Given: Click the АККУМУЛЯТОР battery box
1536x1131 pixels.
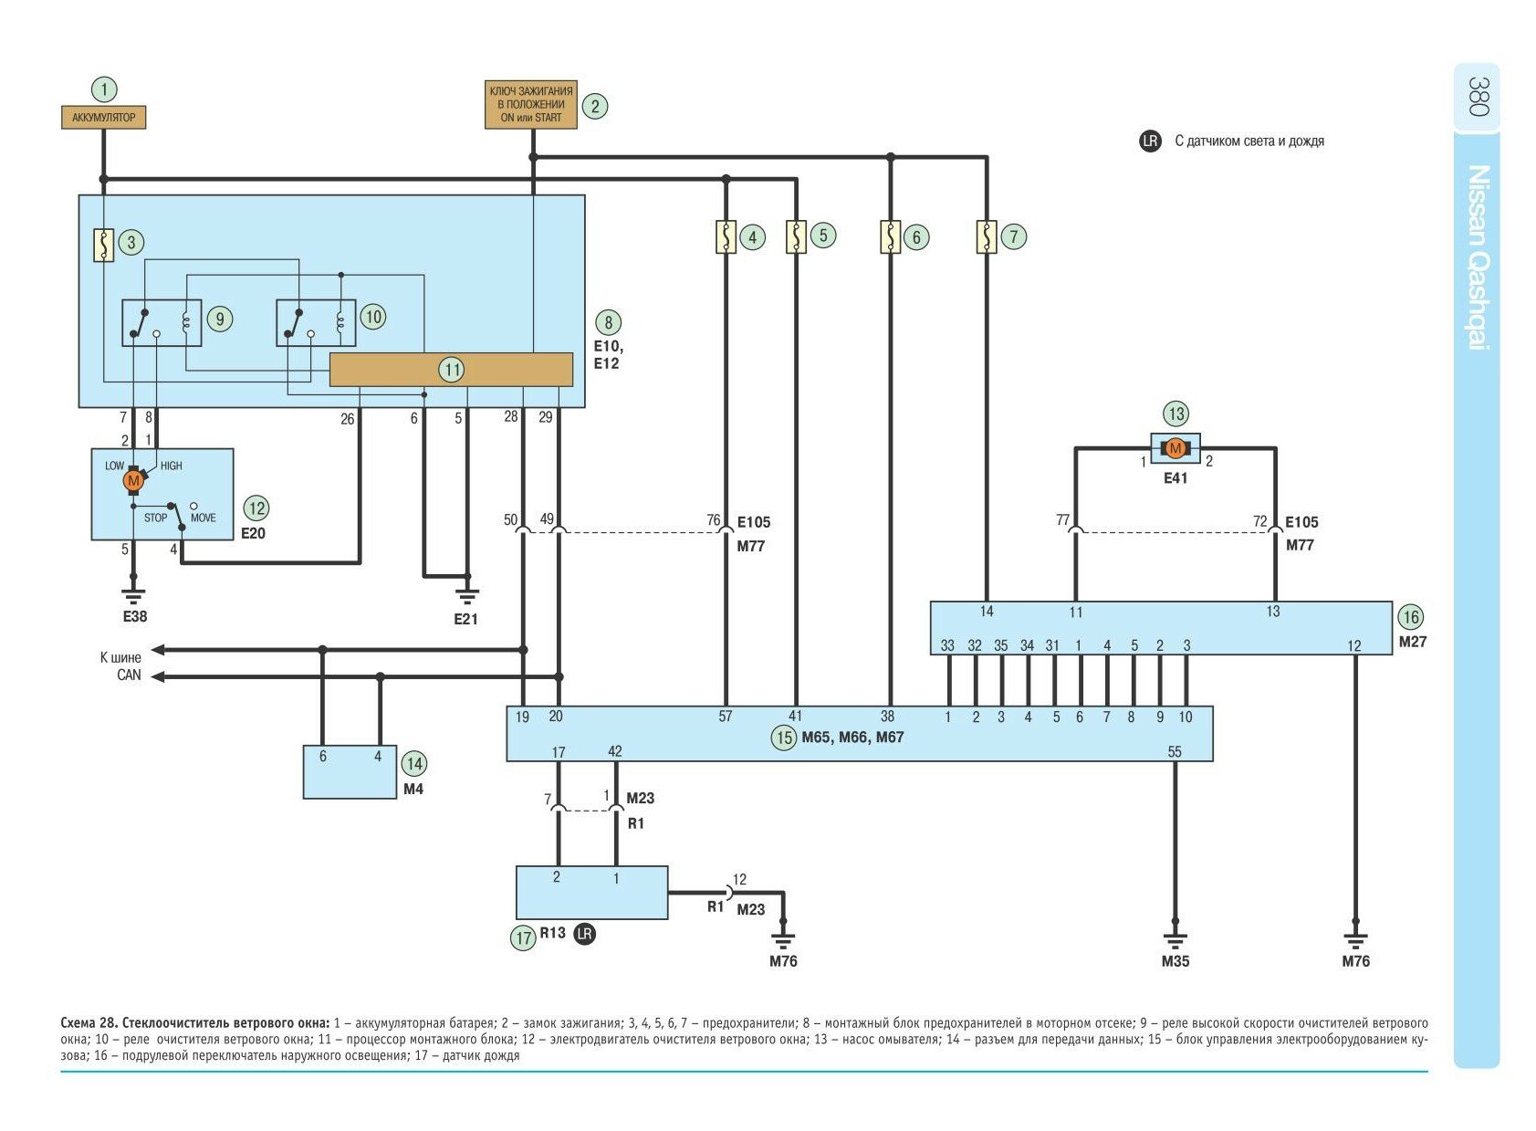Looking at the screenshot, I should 103,117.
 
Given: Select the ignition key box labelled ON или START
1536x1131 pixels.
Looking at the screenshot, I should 530,104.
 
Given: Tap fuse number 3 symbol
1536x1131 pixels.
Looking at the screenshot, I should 104,245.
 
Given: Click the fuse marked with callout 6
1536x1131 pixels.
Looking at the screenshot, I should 890,236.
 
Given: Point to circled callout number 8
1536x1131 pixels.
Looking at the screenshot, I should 608,322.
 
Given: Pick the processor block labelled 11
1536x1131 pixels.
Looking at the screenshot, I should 451,370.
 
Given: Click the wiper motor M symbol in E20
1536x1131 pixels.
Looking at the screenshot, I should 133,480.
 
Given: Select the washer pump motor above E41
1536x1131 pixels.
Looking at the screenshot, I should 1176,448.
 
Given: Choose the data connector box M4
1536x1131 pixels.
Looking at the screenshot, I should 350,772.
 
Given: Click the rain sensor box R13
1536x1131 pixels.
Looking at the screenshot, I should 591,892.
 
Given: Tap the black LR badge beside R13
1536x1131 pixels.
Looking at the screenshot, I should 585,934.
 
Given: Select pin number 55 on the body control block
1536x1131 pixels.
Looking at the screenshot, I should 1175,752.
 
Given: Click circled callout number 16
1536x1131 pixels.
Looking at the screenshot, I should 1411,617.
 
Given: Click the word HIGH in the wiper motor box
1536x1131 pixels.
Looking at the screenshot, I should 172,466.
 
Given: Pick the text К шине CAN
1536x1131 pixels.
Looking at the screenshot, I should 121,666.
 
